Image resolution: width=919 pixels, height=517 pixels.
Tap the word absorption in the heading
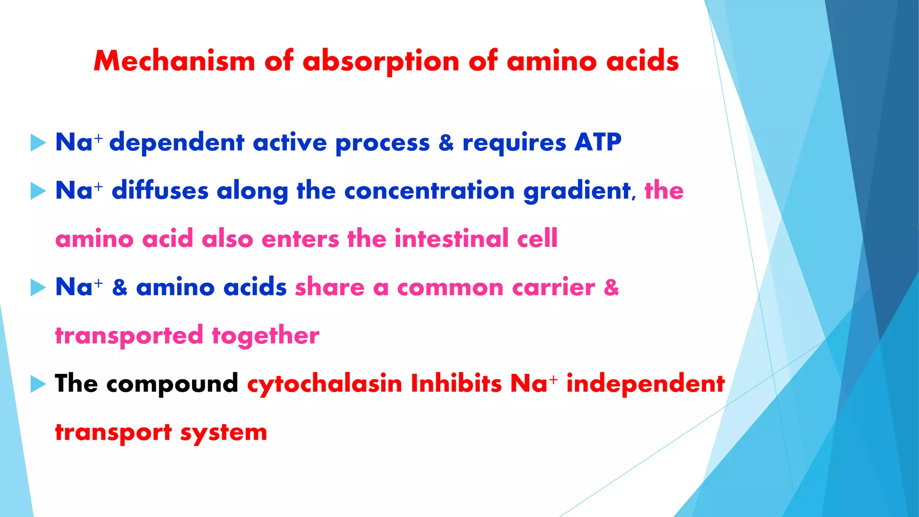click(381, 61)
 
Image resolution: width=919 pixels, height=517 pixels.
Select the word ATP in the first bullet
click(598, 142)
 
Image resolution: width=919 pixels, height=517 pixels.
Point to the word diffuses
click(160, 190)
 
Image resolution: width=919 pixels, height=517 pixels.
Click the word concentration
click(429, 190)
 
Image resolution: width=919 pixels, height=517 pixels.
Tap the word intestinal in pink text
click(451, 238)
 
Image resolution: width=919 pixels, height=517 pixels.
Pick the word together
click(265, 336)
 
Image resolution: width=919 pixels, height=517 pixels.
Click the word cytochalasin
click(324, 384)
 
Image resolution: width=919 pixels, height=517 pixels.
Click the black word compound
click(172, 384)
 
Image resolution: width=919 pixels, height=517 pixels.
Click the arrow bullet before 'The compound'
click(38, 384)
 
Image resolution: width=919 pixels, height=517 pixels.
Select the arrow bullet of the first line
click(38, 143)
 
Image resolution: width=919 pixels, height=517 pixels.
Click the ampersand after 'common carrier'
click(611, 287)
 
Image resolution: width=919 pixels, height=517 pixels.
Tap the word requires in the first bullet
click(514, 143)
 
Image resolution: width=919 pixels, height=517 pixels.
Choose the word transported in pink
click(129, 336)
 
